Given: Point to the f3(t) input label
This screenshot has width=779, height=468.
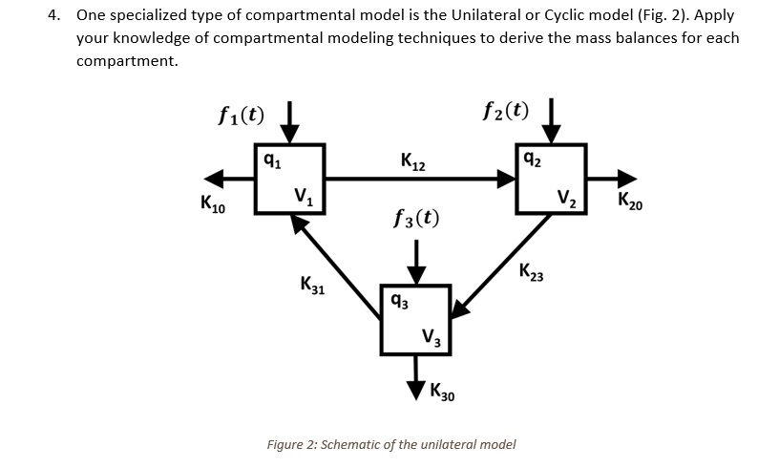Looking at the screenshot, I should pyautogui.click(x=414, y=217).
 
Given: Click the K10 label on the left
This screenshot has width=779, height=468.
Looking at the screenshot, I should pyautogui.click(x=215, y=203).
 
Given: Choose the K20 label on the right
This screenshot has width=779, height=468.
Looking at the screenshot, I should pyautogui.click(x=631, y=202).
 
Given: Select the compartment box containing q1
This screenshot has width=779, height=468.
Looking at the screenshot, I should pyautogui.click(x=289, y=178).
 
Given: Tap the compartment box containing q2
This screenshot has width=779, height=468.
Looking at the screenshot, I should pyautogui.click(x=550, y=178).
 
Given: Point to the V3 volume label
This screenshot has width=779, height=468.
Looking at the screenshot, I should pyautogui.click(x=431, y=336).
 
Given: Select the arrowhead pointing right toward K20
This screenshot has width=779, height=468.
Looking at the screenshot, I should pyautogui.click(x=627, y=178).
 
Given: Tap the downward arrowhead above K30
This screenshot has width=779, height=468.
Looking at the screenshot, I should pyautogui.click(x=415, y=387).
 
